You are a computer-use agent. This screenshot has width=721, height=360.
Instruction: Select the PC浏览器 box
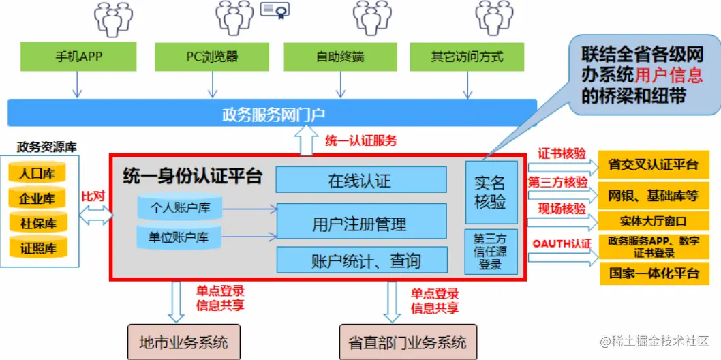point(212,57)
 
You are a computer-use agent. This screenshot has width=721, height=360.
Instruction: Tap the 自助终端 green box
point(339,57)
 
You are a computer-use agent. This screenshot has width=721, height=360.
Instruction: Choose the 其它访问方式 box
point(467,57)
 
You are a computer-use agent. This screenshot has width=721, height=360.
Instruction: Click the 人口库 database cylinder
point(37,173)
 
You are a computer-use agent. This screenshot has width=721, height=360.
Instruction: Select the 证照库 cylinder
point(37,247)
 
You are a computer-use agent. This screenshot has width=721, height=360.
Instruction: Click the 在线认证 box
point(360,180)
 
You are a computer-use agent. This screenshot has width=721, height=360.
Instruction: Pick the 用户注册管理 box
point(360,222)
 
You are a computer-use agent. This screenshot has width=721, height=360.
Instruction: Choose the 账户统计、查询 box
point(360,260)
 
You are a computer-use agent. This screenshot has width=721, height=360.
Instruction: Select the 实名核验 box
point(491,192)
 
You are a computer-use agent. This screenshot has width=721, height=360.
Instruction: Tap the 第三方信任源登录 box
point(491,251)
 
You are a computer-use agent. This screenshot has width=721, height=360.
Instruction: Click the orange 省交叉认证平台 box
point(653,164)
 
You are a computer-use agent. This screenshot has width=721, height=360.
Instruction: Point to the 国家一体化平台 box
point(653,273)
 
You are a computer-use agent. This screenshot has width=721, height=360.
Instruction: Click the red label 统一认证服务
point(360,141)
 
